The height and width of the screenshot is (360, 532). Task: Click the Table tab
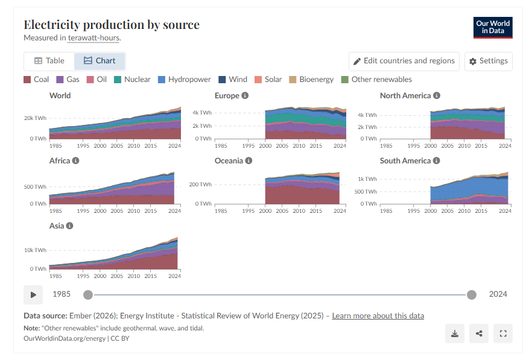click(x=49, y=61)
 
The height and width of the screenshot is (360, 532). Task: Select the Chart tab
click(x=100, y=61)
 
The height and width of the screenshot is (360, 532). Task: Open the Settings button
click(x=488, y=62)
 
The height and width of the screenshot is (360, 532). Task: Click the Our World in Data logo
click(x=493, y=27)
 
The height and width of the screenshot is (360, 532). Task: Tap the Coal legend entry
click(x=36, y=80)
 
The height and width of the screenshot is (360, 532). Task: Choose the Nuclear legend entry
click(x=132, y=80)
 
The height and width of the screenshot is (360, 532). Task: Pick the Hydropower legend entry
click(x=184, y=80)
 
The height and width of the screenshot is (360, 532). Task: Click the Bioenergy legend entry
click(x=311, y=80)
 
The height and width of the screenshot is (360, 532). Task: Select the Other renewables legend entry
click(x=376, y=80)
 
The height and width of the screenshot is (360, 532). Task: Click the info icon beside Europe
click(x=245, y=96)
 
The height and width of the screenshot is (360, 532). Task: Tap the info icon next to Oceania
click(x=249, y=161)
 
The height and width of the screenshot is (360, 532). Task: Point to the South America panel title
click(x=405, y=161)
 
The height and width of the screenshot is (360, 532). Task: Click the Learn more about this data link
click(x=378, y=316)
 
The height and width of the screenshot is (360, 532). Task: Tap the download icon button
click(x=455, y=333)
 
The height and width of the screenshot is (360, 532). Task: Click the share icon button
click(x=479, y=333)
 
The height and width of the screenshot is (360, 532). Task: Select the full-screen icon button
click(x=502, y=333)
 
